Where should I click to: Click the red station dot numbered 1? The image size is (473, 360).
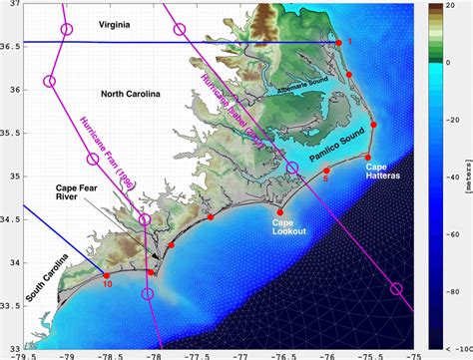(x=339, y=42)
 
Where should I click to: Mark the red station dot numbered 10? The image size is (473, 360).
(x=107, y=274)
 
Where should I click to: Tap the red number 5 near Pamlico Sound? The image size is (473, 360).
(x=325, y=180)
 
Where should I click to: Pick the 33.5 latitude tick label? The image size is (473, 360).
(x=11, y=307)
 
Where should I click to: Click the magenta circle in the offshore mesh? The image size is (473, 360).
(x=397, y=288)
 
